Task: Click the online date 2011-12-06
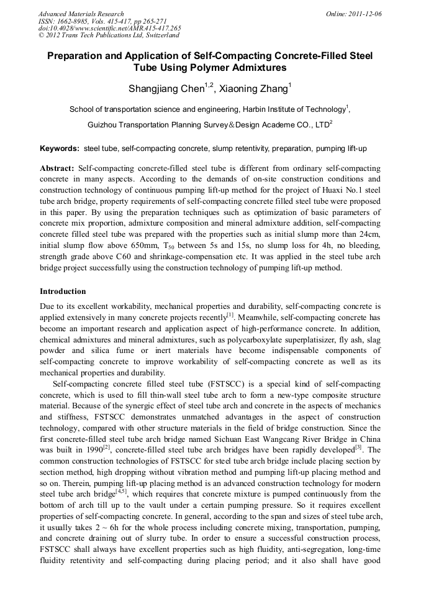364,14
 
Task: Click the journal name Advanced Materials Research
81,14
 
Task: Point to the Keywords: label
60,149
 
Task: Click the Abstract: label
57,168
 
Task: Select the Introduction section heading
63,291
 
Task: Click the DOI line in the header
109,28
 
